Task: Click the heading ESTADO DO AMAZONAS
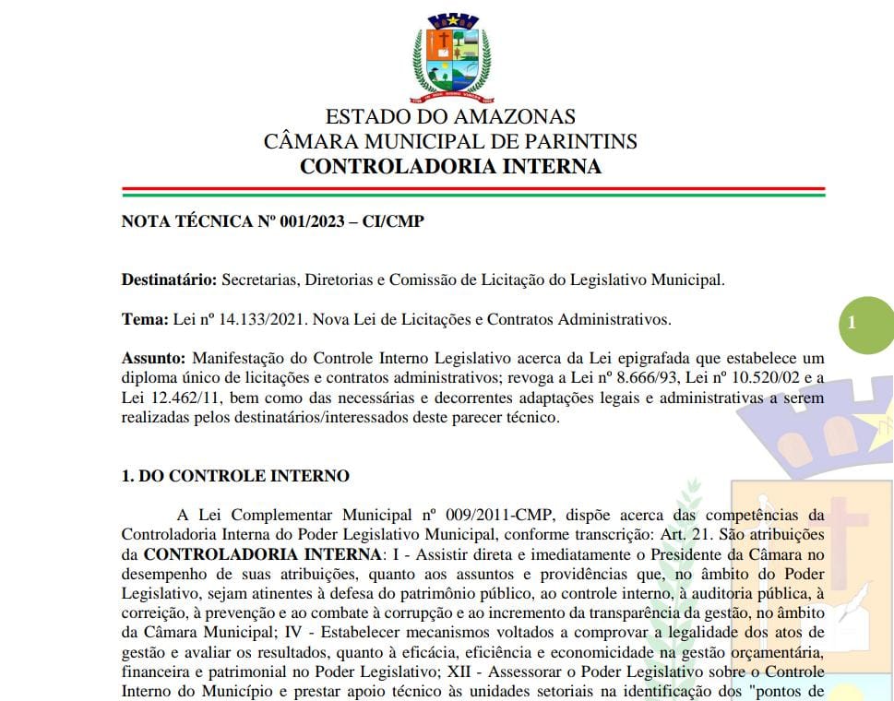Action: click(450, 117)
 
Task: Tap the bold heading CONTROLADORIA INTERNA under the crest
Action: click(450, 167)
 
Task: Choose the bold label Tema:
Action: click(146, 319)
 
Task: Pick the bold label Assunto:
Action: click(154, 358)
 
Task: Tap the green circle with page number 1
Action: click(852, 322)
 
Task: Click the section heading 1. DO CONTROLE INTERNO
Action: click(236, 477)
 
